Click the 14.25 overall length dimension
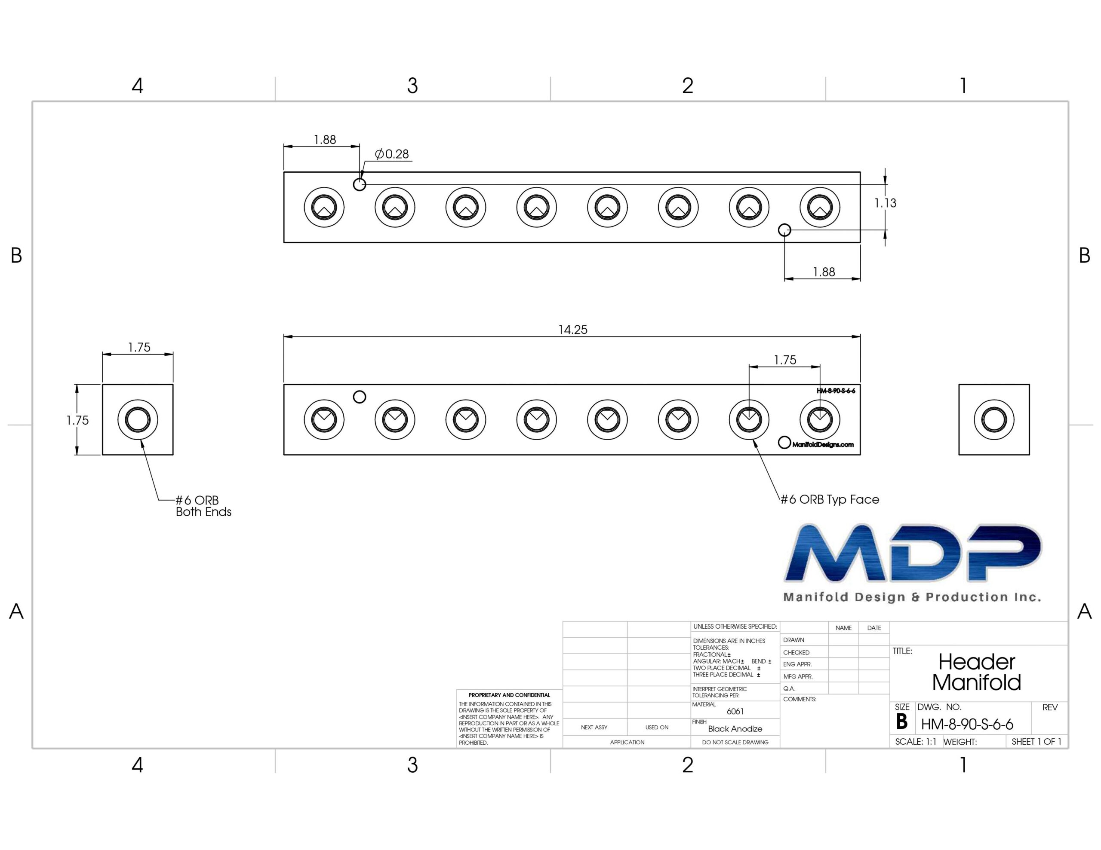pos(573,330)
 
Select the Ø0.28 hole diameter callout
pos(392,154)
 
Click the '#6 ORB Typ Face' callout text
pos(830,499)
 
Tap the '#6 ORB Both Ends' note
pos(203,506)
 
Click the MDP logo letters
pos(913,553)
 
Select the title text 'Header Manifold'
pos(976,672)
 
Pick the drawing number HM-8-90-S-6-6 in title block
pos(967,725)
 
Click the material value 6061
pos(735,712)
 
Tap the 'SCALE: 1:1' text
pos(916,742)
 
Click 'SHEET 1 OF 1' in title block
pos(1036,742)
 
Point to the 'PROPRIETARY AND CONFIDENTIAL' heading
pos(509,695)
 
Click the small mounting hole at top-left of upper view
pos(360,184)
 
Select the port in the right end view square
pos(993,420)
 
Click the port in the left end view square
pos(138,420)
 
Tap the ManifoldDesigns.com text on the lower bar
pos(823,444)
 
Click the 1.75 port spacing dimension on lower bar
pos(785,360)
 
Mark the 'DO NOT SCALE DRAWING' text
pos(735,742)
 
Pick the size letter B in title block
pos(902,722)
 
